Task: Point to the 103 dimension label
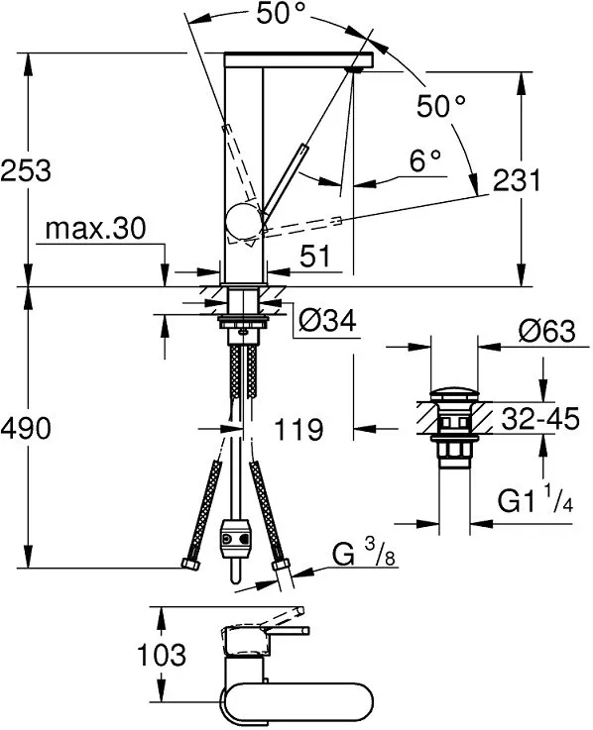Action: [x=160, y=655]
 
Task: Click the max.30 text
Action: [x=95, y=230]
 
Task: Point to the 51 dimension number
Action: [x=314, y=258]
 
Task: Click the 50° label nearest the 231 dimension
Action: [x=440, y=106]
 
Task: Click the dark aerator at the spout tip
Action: [x=355, y=69]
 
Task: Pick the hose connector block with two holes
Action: [x=235, y=539]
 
